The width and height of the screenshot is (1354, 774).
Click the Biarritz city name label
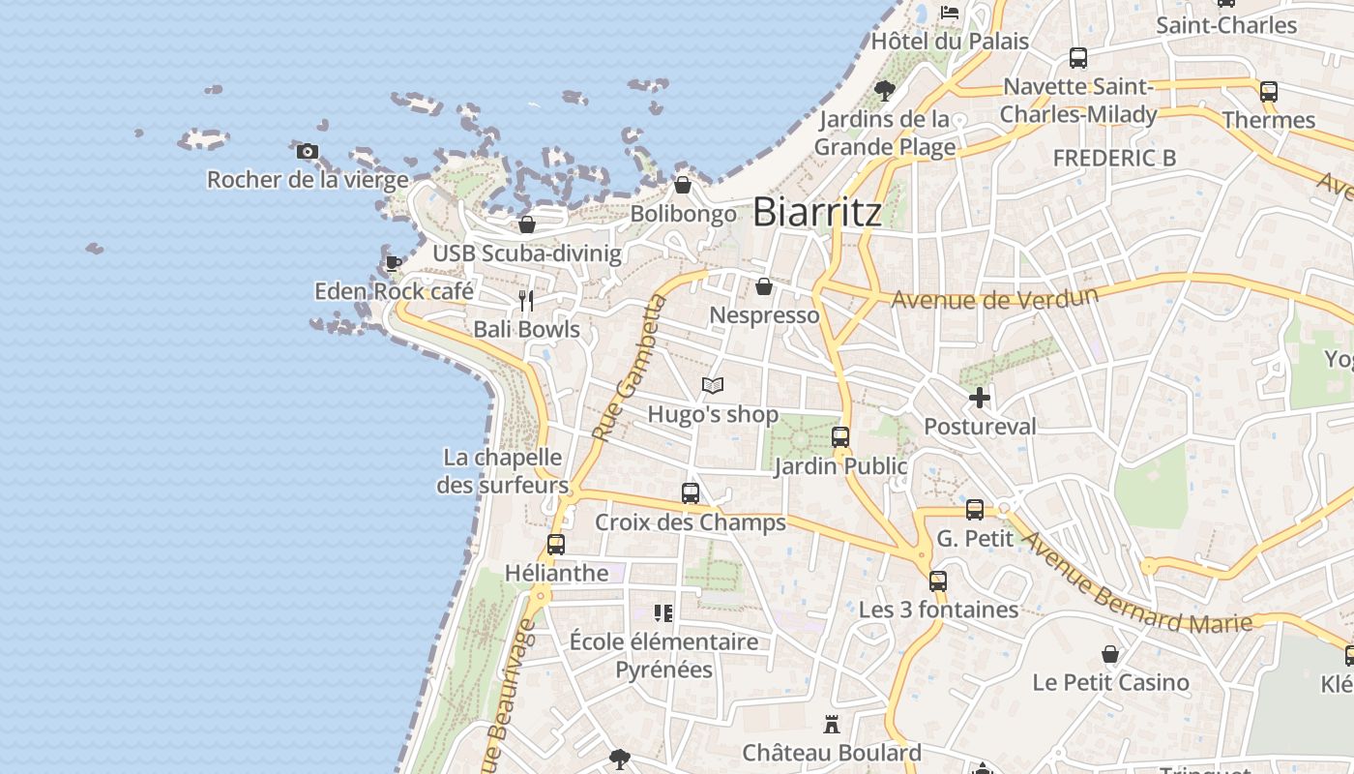[x=817, y=212]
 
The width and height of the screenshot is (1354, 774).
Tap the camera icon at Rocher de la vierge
[x=307, y=151]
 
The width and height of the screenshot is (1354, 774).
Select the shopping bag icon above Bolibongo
[x=683, y=185]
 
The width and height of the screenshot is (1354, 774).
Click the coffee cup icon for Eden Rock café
[x=393, y=262]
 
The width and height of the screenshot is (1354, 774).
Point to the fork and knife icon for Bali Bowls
[x=525, y=300]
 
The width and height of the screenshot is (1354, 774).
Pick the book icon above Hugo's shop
[x=713, y=385]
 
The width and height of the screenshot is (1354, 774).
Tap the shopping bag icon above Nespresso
[x=764, y=286]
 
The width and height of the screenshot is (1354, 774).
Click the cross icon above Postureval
[x=980, y=397]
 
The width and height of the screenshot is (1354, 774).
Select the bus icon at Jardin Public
[x=840, y=436]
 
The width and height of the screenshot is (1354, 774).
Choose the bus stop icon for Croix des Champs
[x=691, y=493]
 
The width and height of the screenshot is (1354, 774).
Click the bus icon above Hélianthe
[x=556, y=544]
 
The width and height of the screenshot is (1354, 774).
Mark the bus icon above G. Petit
[x=975, y=509]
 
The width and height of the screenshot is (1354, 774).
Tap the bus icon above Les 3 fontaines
[x=938, y=580]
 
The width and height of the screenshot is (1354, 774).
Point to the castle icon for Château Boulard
[x=831, y=724]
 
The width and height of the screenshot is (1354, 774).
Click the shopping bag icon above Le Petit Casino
[x=1110, y=654]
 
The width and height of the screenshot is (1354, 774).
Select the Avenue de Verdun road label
[x=994, y=298]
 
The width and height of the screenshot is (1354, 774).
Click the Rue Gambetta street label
[x=630, y=370]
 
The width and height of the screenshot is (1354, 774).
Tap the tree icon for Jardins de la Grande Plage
[x=884, y=91]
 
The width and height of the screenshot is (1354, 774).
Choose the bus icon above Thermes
[x=1269, y=92]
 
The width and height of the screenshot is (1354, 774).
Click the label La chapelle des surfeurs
[x=502, y=470]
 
